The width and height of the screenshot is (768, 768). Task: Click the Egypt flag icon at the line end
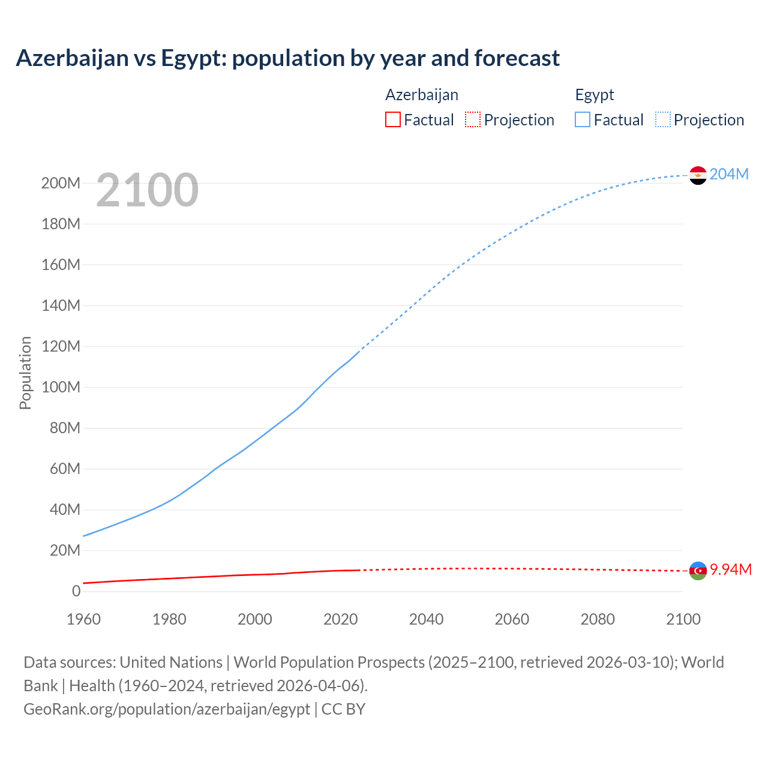coord(698,175)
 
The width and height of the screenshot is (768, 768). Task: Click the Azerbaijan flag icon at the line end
coord(698,571)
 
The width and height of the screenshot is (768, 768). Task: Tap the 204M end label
coord(729,174)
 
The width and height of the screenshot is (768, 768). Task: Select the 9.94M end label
coord(730,569)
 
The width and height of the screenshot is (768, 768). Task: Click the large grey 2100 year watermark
coord(147,190)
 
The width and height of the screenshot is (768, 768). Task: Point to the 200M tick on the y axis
coord(61,184)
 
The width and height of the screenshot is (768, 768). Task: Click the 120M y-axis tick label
coord(61,347)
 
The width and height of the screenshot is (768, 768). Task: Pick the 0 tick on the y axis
coord(76,592)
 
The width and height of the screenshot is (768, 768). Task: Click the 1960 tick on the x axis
coord(83,619)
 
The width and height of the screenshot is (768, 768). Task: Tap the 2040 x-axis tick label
coord(426,619)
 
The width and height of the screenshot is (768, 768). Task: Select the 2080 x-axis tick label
coord(598,619)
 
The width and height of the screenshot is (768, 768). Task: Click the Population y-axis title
coord(25,373)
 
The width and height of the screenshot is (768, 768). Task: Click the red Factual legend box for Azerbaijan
coord(392,119)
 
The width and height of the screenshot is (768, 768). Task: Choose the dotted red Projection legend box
coord(473,119)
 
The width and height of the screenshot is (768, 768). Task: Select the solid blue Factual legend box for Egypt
coord(583,119)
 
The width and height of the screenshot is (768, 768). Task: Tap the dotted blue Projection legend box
coord(663,119)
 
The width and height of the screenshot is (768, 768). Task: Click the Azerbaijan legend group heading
coord(422,95)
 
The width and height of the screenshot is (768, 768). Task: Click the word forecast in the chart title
coord(517,58)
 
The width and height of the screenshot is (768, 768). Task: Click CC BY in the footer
coord(343,709)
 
